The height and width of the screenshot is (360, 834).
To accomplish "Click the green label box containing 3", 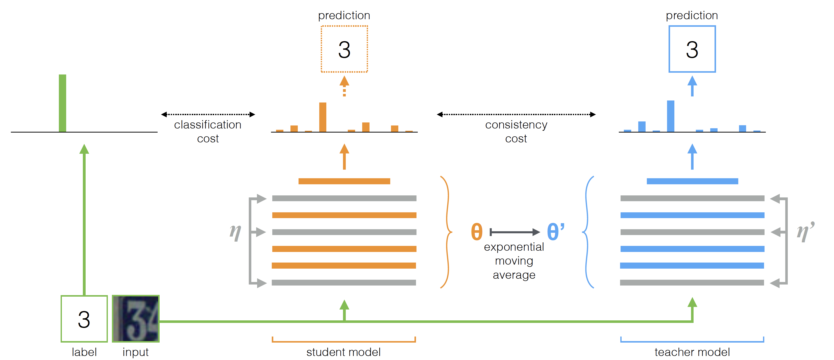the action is click(84, 319).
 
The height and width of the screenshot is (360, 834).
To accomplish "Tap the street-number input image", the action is click(136, 319).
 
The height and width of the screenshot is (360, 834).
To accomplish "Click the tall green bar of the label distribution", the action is click(62, 103).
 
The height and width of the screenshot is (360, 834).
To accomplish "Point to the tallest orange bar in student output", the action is click(323, 117).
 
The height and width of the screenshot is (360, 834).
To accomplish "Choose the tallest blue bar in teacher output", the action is click(671, 116).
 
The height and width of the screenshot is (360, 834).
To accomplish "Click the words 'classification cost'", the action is click(208, 132).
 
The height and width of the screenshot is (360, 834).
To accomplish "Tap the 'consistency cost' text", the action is click(516, 132).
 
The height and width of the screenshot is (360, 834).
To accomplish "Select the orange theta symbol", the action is click(477, 232).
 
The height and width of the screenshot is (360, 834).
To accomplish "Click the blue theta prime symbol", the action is click(556, 231).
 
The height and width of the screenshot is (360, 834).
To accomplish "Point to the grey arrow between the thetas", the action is click(515, 232).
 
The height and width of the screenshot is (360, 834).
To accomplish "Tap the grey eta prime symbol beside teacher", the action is click(805, 232).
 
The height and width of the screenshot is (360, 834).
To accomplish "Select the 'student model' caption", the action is click(344, 352).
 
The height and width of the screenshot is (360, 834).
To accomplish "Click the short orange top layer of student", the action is click(344, 181).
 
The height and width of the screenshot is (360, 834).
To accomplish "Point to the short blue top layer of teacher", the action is click(693, 181).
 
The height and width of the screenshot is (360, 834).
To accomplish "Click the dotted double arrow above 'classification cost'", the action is click(208, 114).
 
